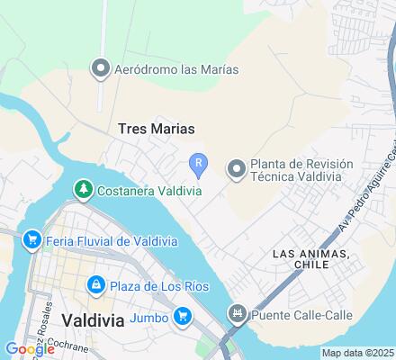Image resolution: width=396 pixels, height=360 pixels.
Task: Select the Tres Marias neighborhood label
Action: click(x=157, y=129)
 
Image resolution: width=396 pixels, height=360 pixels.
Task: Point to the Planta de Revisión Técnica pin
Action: click(x=236, y=168)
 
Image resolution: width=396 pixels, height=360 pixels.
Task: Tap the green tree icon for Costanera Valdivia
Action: click(x=83, y=189)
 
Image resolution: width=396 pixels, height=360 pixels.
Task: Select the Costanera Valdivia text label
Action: click(x=140, y=189)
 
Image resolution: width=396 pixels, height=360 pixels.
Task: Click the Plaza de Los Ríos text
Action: click(x=159, y=286)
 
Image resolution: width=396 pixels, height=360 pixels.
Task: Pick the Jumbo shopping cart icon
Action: click(x=183, y=315)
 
